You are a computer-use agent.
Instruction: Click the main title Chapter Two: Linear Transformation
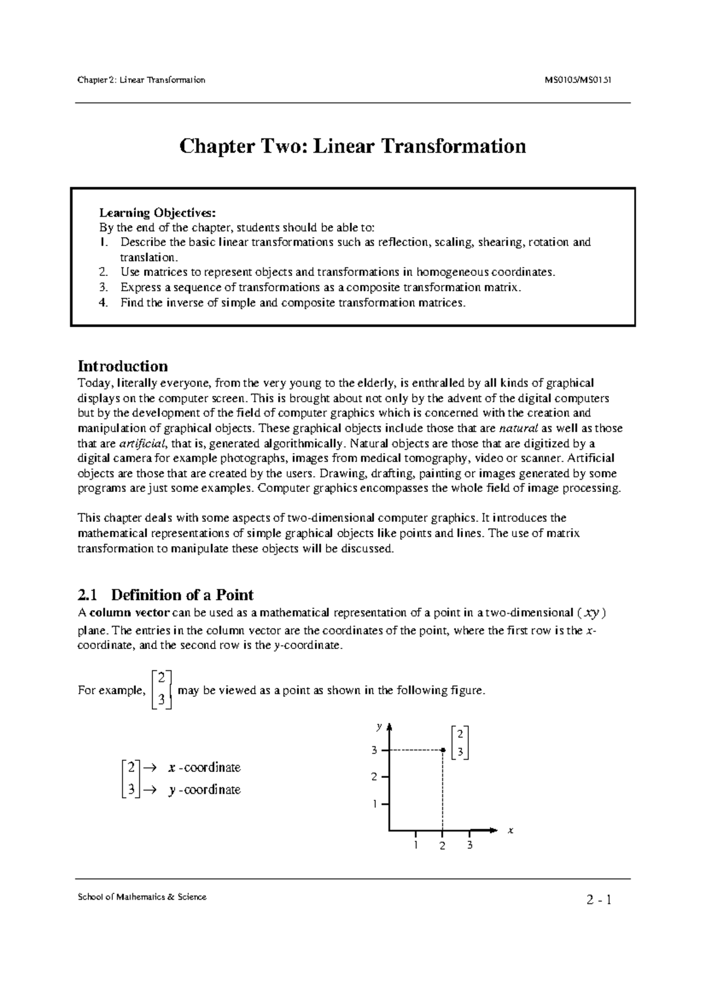352,145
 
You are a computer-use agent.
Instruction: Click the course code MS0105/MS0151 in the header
579,80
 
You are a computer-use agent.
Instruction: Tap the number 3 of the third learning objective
104,288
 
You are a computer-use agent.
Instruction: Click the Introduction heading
122,366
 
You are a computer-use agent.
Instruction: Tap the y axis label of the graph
379,727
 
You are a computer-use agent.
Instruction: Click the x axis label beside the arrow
511,830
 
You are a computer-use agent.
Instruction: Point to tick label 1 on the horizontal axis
415,846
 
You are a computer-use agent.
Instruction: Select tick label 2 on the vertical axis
374,777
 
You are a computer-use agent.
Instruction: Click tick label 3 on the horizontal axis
469,846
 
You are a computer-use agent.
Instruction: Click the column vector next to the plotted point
460,743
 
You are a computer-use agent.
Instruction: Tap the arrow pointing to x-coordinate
149,768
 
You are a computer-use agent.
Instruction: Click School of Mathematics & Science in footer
142,897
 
